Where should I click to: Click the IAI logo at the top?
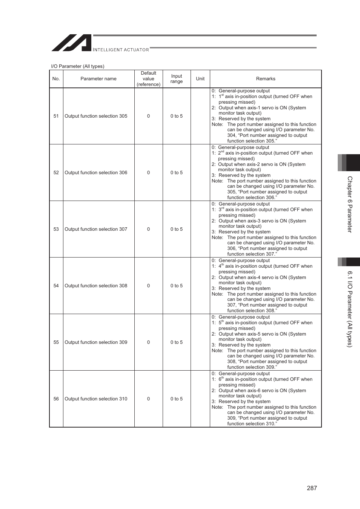pos(72,43)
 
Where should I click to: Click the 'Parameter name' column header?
pos(98,79)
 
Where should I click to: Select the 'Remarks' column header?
pos(266,79)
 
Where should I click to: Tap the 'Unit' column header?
pos(200,79)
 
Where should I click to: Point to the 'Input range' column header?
pos(177,79)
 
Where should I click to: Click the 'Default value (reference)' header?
pos(148,79)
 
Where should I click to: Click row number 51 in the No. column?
pos(56,116)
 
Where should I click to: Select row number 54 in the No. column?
pos(56,286)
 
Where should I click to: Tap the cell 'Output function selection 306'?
pos(96,173)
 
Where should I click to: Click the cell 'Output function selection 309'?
pos(96,342)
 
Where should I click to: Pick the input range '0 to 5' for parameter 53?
pos(177,229)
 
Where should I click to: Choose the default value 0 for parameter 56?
pos(148,399)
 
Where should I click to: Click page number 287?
pos(312,488)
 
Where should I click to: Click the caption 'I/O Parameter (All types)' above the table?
pos(78,66)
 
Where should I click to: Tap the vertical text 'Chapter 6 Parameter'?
pos(350,204)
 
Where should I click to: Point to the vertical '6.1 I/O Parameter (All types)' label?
pos(350,309)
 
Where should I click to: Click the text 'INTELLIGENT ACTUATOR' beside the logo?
pos(121,50)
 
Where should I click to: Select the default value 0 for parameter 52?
pos(148,173)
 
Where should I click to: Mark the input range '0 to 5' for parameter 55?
pos(177,342)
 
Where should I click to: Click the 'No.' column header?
pos(56,79)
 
